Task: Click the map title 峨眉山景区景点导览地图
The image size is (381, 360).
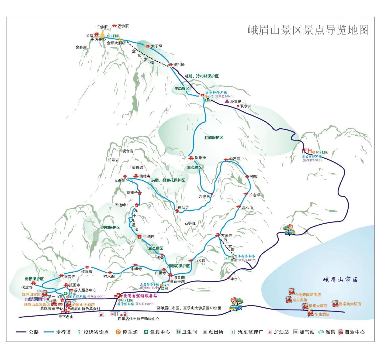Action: [308, 30]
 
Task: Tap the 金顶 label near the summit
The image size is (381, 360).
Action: [89, 35]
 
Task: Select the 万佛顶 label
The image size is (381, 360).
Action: [123, 26]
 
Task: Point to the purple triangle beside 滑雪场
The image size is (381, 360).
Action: [227, 101]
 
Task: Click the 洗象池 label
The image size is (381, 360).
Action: [200, 158]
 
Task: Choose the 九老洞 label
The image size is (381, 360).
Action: [120, 181]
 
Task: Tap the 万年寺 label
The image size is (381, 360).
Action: [226, 236]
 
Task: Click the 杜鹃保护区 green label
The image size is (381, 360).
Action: [214, 138]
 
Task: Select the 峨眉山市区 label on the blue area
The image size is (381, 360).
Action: [341, 280]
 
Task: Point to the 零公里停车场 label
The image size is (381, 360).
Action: [312, 156]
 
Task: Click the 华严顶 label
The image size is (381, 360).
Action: [234, 159]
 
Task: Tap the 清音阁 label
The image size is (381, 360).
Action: [179, 277]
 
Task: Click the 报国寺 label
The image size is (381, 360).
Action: [75, 285]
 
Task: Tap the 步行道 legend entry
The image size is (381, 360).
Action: [63, 332]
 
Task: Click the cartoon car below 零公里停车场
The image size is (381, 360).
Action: [289, 230]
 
